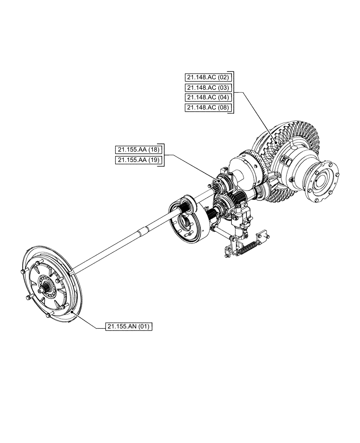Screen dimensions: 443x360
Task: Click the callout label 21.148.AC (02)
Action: [207, 77]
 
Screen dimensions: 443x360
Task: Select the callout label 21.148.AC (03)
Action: [207, 87]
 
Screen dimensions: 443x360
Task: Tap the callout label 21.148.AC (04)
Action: [207, 97]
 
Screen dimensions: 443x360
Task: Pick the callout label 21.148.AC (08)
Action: [207, 108]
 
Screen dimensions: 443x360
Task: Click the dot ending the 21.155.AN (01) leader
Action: [72, 313]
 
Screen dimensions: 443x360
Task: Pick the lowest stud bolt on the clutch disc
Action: [49, 316]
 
